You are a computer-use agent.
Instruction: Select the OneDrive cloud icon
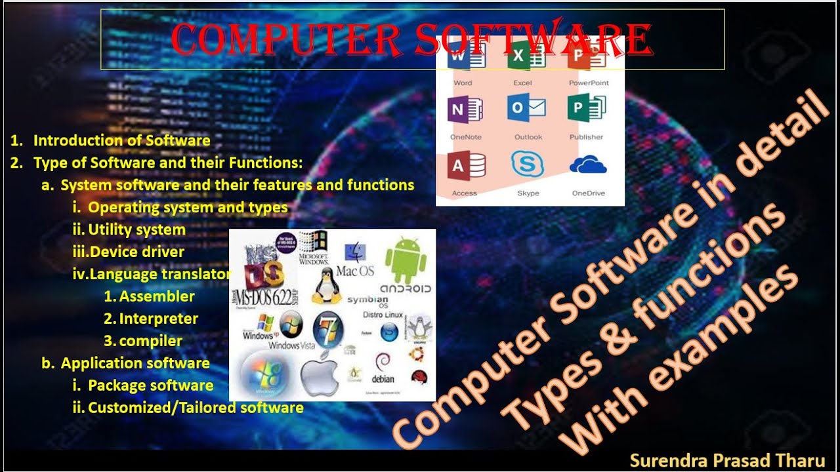point(587,165)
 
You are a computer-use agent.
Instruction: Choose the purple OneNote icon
point(465,109)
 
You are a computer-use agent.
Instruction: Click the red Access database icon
point(466,165)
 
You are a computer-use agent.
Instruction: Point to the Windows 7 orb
point(328,328)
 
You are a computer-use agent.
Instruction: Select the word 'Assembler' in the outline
point(157,296)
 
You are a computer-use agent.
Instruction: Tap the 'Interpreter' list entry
point(159,319)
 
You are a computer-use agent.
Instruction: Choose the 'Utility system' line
point(136,229)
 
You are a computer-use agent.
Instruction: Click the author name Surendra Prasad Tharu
point(727,460)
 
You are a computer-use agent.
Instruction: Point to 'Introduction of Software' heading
point(121,140)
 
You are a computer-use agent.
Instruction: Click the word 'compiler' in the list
point(151,341)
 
